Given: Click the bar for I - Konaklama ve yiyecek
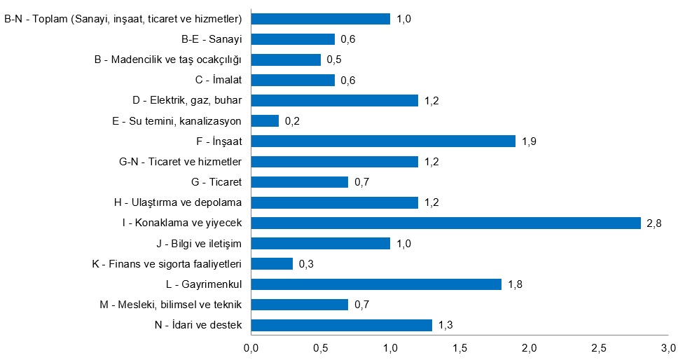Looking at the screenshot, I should pos(445,223).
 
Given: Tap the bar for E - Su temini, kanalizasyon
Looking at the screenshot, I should pos(265,121).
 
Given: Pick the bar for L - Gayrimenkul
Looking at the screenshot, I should pos(376,284).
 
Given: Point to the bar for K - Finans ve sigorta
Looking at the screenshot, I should pos(272,264).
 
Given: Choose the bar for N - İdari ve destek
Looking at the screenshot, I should pos(341,325).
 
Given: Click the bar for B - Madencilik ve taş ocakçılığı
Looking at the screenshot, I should pos(286,60).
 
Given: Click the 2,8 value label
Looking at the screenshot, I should pos(654,223).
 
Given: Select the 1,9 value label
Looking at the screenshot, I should pos(529,142).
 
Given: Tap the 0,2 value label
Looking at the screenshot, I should pos(291,122).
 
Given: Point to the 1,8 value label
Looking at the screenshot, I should pos(515,285).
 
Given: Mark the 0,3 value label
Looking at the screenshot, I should pos(306,265).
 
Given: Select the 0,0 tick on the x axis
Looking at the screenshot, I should pos(251,348).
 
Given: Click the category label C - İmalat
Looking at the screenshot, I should pos(215,81).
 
